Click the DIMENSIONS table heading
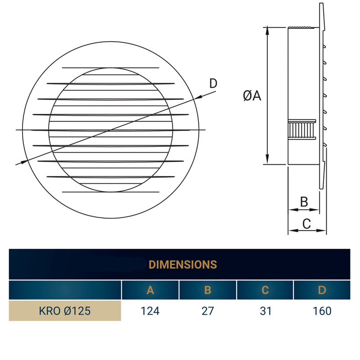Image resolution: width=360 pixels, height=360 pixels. (183, 264)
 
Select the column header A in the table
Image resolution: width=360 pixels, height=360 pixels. (150, 290)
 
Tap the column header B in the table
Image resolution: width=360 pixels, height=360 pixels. (207, 290)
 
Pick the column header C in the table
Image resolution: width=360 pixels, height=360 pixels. (265, 290)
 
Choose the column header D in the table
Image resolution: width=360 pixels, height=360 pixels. (322, 290)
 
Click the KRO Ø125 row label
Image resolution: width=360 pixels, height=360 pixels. (65, 311)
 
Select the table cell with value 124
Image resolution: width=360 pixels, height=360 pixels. (150, 311)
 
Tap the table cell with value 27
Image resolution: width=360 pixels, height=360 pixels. (207, 311)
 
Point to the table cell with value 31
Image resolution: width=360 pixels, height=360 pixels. (265, 311)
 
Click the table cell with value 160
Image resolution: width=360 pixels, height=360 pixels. (322, 311)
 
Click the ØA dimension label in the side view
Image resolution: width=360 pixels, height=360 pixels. (252, 95)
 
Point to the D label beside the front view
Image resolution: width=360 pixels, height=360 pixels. (213, 83)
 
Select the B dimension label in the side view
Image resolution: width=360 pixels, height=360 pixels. (304, 202)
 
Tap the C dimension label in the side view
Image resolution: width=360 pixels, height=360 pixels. (306, 223)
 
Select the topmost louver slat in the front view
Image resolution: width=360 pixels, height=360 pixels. (110, 68)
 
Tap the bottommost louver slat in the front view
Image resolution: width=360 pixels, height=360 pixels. (110, 192)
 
